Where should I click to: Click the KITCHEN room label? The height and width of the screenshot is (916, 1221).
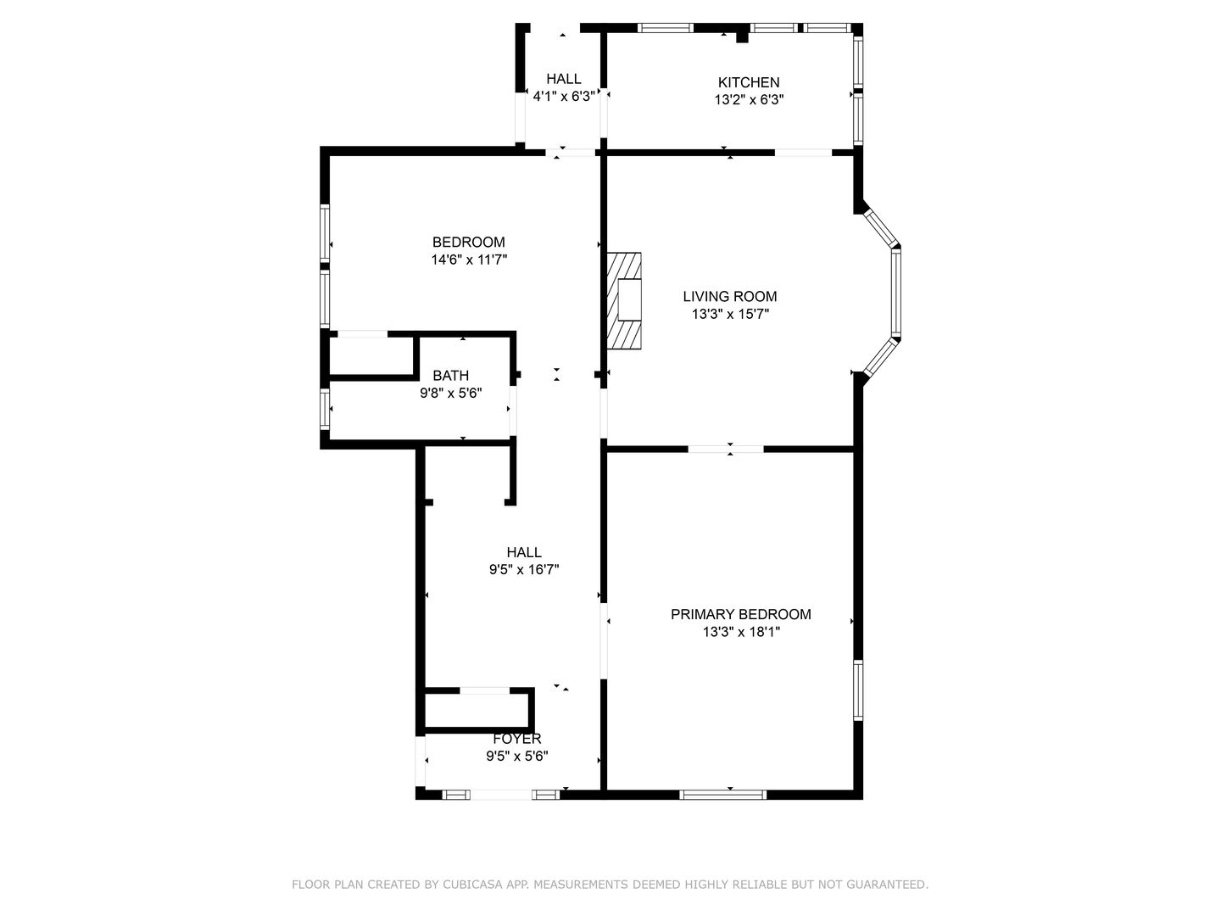click(x=748, y=82)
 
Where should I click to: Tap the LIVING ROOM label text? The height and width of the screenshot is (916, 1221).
click(x=730, y=297)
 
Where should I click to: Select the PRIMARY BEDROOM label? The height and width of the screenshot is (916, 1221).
click(x=740, y=614)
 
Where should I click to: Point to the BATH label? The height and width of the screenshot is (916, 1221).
click(x=450, y=376)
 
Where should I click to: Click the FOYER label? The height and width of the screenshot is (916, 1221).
click(x=516, y=739)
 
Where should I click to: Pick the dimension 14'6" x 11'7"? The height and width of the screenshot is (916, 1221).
click(x=469, y=260)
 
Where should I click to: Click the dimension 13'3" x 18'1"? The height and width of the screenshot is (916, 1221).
click(x=741, y=632)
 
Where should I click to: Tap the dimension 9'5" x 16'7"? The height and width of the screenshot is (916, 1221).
click(x=524, y=569)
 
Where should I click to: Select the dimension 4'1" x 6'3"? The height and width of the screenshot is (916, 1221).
click(x=564, y=97)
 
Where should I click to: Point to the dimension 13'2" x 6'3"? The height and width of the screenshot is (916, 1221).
click(x=749, y=100)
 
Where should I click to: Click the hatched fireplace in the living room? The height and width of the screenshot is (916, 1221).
click(x=624, y=301)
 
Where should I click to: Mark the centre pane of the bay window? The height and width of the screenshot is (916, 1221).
click(x=895, y=292)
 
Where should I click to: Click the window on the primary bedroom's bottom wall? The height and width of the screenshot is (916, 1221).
click(x=722, y=795)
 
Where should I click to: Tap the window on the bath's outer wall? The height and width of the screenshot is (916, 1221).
click(x=325, y=409)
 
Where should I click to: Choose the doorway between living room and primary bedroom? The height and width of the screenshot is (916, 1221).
click(x=726, y=449)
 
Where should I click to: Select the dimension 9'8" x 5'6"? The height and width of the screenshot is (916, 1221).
click(x=450, y=394)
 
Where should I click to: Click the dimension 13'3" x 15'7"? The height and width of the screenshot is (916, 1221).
click(x=730, y=314)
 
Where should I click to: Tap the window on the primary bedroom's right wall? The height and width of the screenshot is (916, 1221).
click(x=858, y=690)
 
